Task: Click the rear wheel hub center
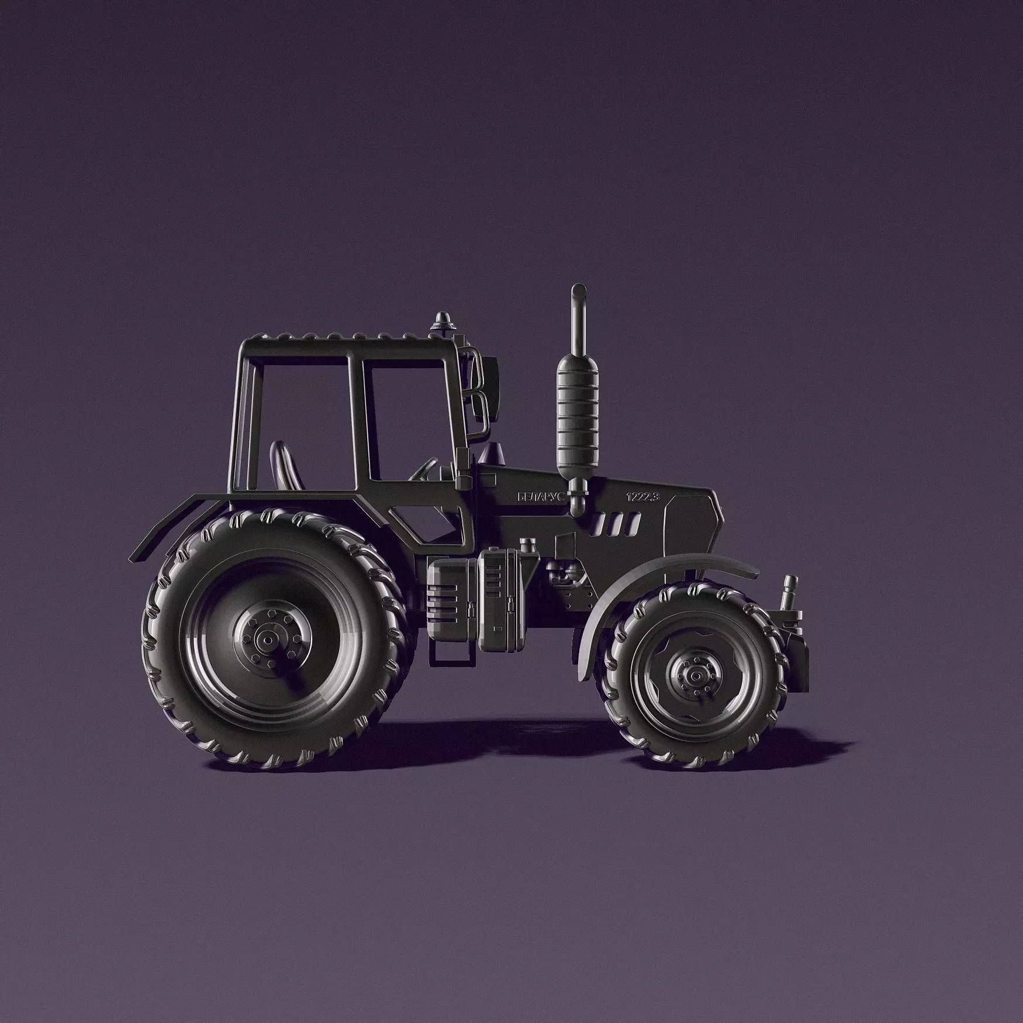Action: (x=268, y=641)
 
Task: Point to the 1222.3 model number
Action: (x=642, y=497)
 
